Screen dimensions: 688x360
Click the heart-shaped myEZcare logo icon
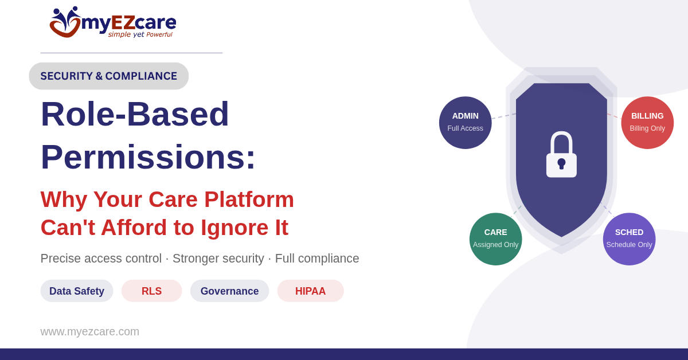point(65,22)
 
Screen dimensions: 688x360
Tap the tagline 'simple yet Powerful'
point(140,34)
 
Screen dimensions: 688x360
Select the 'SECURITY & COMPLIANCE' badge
point(109,76)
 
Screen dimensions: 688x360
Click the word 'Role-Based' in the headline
point(135,114)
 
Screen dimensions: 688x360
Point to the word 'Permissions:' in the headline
point(148,156)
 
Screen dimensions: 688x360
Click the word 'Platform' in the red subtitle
point(249,200)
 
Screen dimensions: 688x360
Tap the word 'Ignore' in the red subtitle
point(234,228)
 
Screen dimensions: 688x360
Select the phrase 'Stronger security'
point(218,259)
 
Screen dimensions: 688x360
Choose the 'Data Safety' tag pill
point(77,291)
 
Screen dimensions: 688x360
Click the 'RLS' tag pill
point(152,291)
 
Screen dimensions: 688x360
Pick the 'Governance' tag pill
point(230,291)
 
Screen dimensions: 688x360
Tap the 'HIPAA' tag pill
point(311,291)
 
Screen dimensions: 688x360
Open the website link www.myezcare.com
point(89,332)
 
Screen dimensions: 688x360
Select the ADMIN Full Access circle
point(466,123)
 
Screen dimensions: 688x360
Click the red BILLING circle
point(647,123)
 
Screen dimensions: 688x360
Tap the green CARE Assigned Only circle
point(496,239)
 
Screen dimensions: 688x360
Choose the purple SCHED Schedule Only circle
point(630,239)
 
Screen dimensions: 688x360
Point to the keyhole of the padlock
point(561,164)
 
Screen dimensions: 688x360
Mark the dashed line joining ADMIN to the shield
point(504,116)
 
